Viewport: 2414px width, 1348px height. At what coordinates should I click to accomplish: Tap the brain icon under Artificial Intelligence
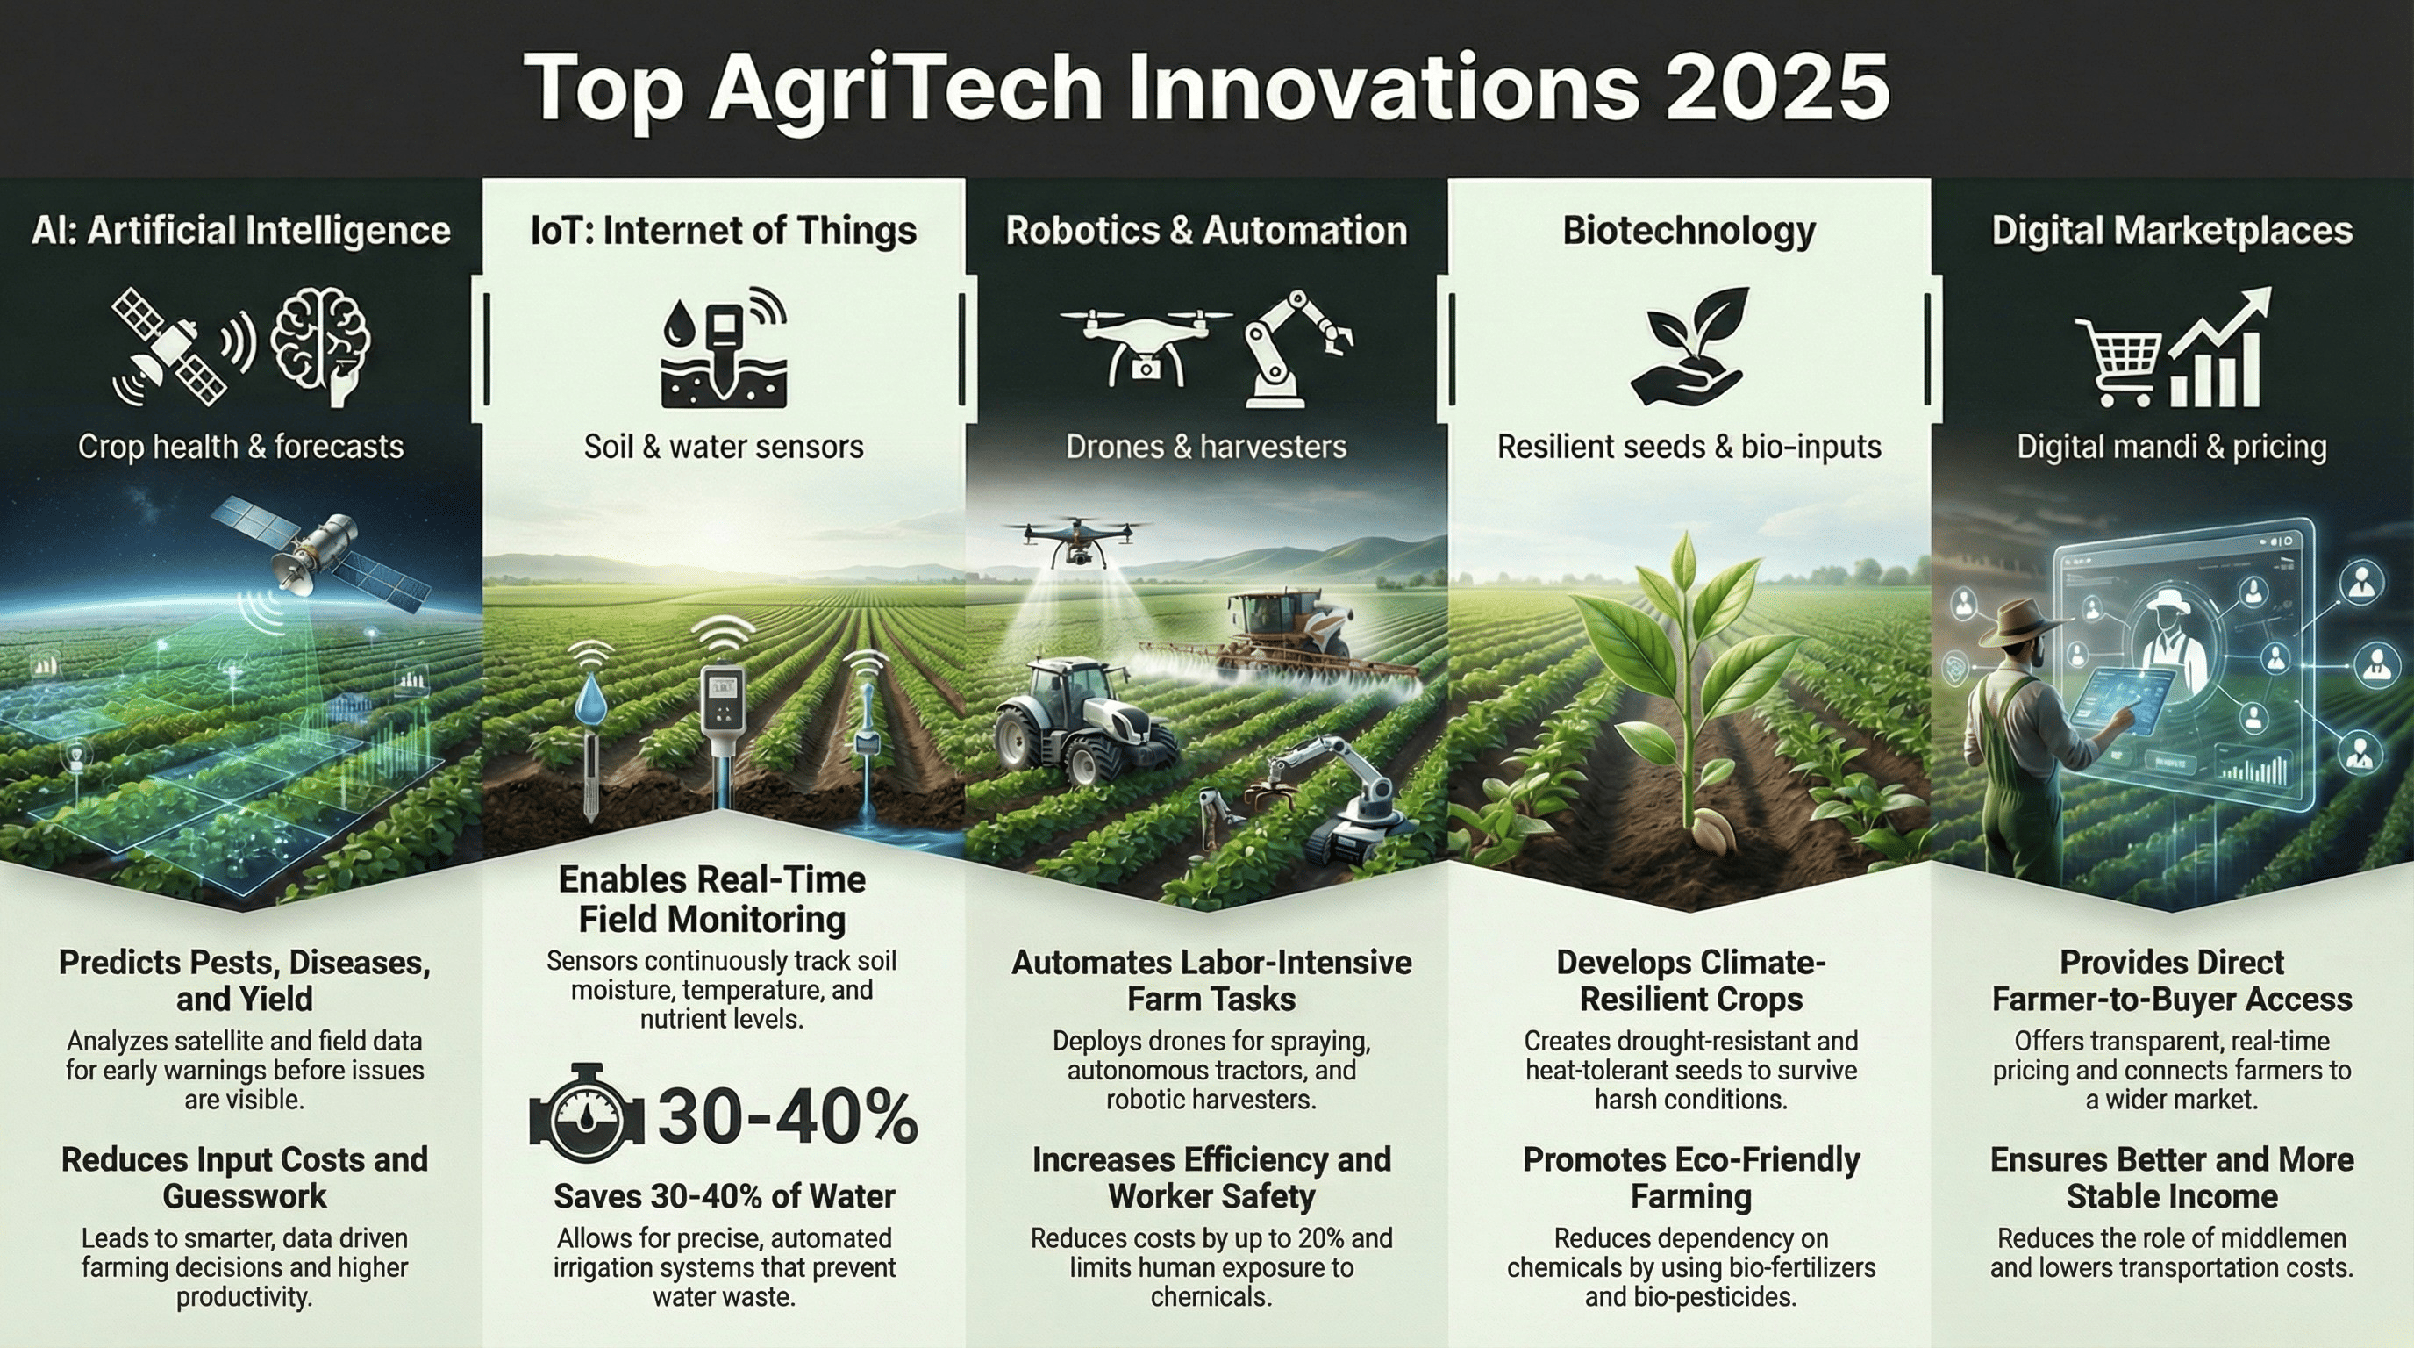pyautogui.click(x=320, y=345)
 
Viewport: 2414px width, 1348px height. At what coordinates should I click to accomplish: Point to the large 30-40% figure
pyautogui.click(x=787, y=1117)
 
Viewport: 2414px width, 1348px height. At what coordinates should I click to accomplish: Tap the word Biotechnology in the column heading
pyautogui.click(x=1689, y=231)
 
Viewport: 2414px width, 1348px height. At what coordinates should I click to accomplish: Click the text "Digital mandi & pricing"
pyautogui.click(x=2171, y=448)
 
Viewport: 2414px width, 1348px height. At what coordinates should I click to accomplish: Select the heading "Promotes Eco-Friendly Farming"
pyautogui.click(x=1690, y=1178)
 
